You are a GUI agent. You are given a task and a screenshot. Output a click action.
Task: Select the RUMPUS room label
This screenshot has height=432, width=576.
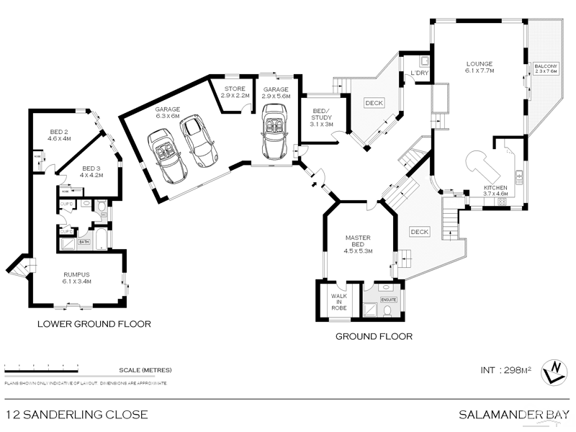[x=76, y=277]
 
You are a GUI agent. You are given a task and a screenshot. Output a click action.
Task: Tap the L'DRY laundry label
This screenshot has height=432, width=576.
[x=419, y=73]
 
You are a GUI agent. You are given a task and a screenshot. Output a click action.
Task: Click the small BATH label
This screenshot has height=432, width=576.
[x=84, y=242]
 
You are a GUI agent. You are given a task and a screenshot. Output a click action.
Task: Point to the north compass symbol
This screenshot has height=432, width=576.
[x=553, y=371]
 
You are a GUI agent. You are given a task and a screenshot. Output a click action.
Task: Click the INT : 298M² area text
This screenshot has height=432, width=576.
[x=505, y=370]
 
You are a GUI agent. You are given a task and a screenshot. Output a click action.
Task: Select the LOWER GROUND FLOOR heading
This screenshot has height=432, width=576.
[x=94, y=324]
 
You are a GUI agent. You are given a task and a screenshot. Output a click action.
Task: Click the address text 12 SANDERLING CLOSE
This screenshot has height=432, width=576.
[x=76, y=414]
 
